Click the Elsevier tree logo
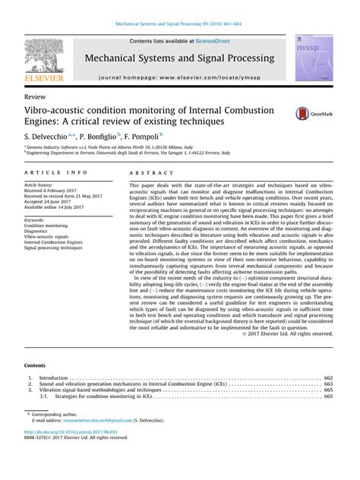coord(44,58)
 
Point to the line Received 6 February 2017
coord(55,191)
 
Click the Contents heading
coord(36,365)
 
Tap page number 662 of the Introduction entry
coord(328,377)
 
